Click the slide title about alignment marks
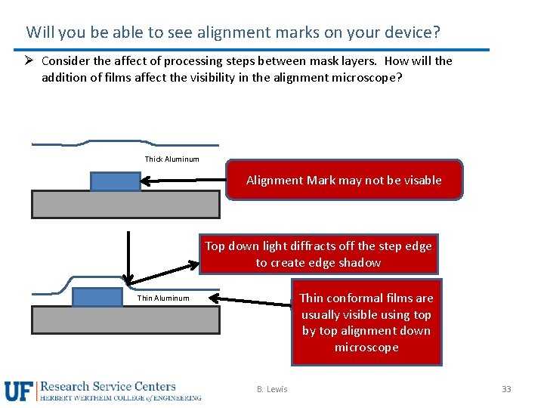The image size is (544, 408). pyautogui.click(x=233, y=32)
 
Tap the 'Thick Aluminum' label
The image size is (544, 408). pyautogui.click(x=172, y=159)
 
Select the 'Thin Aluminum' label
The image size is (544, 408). pyautogui.click(x=163, y=298)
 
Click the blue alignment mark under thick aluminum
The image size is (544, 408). pyautogui.click(x=116, y=181)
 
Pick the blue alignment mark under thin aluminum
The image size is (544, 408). pyautogui.click(x=97, y=297)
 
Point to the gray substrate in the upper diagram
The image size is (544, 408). pyautogui.click(x=125, y=204)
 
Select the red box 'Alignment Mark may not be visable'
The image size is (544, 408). pyautogui.click(x=344, y=180)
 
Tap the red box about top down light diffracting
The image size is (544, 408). pyautogui.click(x=318, y=254)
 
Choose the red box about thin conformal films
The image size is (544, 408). pyautogui.click(x=366, y=323)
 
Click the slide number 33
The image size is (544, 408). pyautogui.click(x=506, y=389)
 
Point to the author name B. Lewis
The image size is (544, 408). pyautogui.click(x=272, y=389)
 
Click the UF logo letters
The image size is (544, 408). pyautogui.click(x=20, y=391)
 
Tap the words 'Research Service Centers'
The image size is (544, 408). pyautogui.click(x=108, y=386)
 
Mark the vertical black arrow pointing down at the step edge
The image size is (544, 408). pyautogui.click(x=129, y=257)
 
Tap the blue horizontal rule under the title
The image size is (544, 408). pyautogui.click(x=257, y=50)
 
